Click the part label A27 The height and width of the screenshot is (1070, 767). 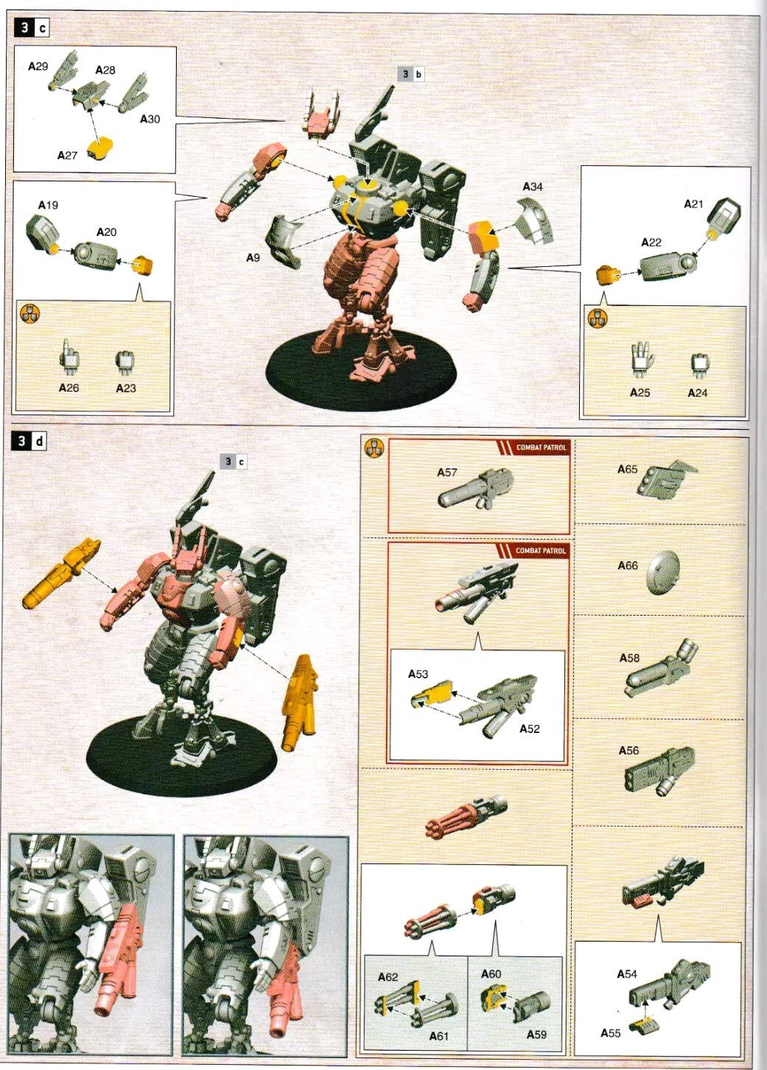(67, 156)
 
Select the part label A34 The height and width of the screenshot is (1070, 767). (532, 187)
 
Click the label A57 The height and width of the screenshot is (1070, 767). (447, 473)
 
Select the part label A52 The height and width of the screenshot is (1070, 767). (529, 729)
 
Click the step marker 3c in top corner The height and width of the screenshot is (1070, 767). (32, 28)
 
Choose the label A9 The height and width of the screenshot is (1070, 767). (253, 258)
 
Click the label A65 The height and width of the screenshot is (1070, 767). (628, 469)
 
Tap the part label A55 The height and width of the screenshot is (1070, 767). (611, 1032)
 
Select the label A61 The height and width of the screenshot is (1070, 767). (438, 1036)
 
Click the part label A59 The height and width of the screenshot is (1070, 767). (536, 1034)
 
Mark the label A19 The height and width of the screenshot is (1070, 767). (48, 205)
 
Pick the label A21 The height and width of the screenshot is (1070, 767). (693, 204)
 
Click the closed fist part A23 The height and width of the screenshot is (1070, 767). (125, 361)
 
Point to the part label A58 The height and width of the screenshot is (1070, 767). (629, 658)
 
